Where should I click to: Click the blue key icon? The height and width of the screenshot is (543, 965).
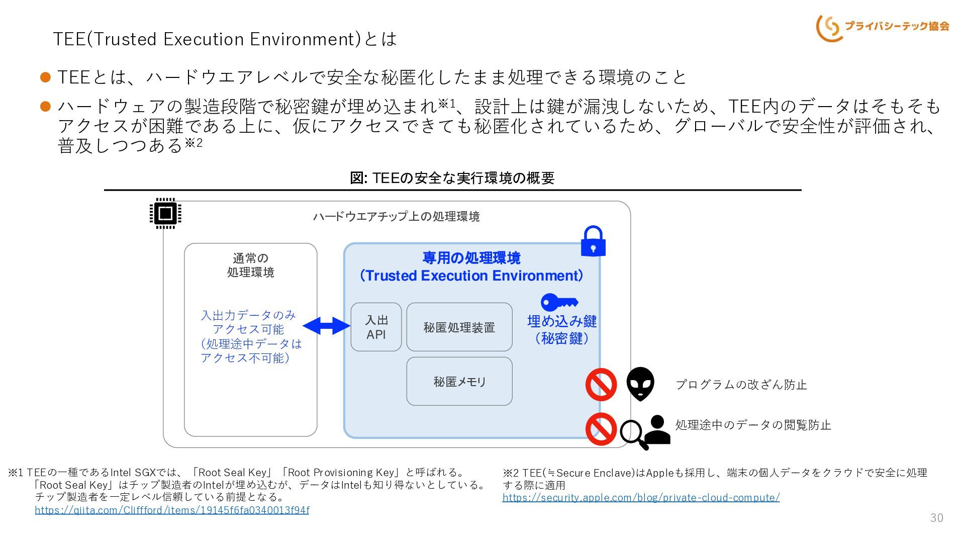tap(559, 302)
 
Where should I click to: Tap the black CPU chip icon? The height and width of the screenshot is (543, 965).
tap(165, 213)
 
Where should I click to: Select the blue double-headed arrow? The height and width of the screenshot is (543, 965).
tap(327, 326)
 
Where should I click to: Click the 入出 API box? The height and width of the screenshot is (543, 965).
tap(376, 327)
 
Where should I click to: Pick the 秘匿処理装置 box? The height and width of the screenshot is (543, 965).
tap(459, 327)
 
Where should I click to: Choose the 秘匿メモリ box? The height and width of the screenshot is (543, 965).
tap(459, 381)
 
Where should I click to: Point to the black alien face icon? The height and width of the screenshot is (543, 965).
tap(640, 384)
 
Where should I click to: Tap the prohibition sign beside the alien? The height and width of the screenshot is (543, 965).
tap(601, 385)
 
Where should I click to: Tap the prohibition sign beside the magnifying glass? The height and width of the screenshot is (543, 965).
tap(601, 429)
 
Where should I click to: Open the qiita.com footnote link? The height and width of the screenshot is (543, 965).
tap(172, 510)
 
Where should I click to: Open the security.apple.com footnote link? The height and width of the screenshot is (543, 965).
tap(641, 498)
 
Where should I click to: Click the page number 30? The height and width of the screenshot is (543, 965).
tap(937, 518)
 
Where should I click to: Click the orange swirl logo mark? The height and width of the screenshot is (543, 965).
tap(829, 28)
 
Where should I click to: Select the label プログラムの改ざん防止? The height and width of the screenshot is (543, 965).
tap(741, 385)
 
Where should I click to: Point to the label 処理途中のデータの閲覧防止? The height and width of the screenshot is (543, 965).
tap(753, 425)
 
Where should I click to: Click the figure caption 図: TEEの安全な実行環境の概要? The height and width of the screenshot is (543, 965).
tap(452, 177)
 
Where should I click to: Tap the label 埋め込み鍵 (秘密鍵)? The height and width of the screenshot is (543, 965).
tap(562, 329)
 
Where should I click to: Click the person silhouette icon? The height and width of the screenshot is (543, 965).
tap(657, 430)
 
